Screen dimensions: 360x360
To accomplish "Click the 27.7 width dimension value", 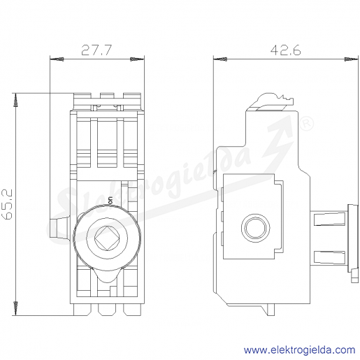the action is coord(96,50).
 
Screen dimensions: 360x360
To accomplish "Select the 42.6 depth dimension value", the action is coord(285,50).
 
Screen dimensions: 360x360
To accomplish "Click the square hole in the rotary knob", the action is coord(107,238).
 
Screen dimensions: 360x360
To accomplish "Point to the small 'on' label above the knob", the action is coord(110,201).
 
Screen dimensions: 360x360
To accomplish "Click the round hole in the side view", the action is coord(256,227).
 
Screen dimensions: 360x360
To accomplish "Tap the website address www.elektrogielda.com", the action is coord(300,350).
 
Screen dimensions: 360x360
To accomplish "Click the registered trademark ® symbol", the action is coord(306,124).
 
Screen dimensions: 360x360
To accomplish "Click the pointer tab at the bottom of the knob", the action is coord(107,275).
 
